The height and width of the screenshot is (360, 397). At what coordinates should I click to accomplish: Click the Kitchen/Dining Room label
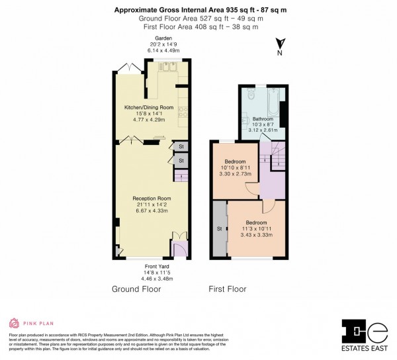(x=149, y=107)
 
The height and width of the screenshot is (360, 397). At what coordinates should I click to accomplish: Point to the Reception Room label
(x=151, y=198)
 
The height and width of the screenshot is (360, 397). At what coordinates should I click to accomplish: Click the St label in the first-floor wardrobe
(x=218, y=229)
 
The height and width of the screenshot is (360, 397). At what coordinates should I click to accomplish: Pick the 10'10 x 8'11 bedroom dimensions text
(x=235, y=169)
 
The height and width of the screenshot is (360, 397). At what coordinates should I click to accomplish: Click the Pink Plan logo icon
(x=14, y=323)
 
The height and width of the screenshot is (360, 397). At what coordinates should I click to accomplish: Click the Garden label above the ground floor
(x=154, y=39)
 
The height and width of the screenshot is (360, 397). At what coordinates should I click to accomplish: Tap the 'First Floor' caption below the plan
(x=228, y=289)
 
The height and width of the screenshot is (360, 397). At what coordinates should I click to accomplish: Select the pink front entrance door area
(x=179, y=248)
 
